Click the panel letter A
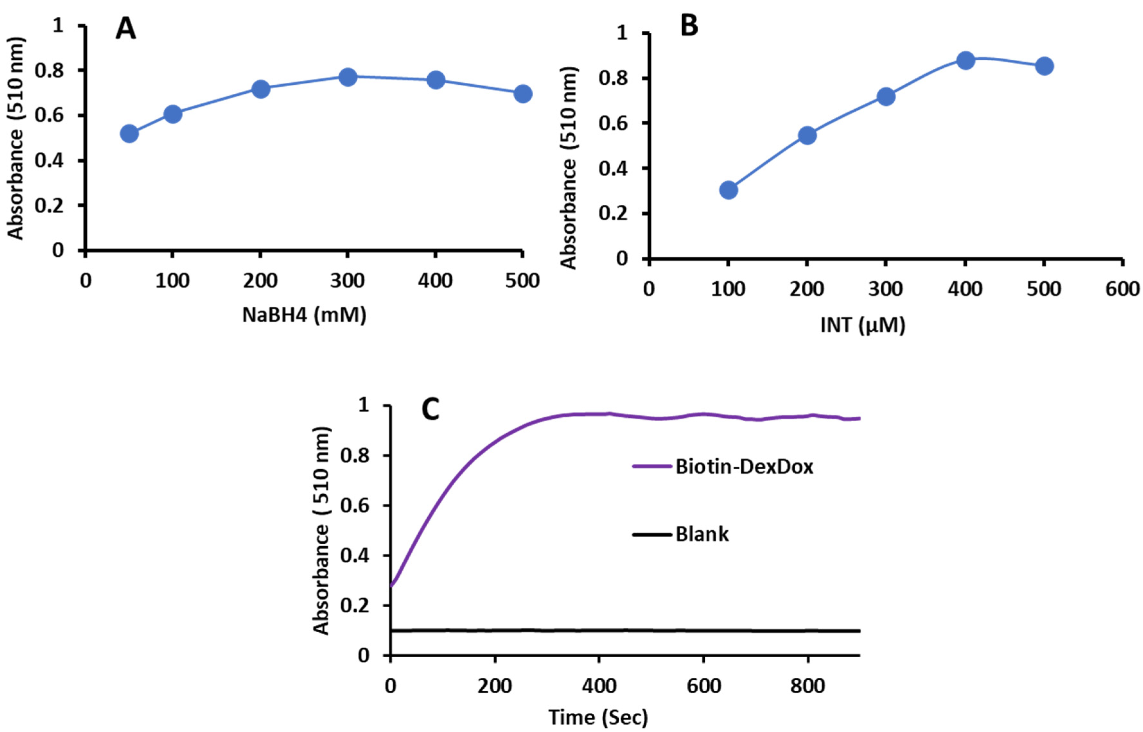[x=126, y=30]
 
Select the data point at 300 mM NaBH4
[x=348, y=77]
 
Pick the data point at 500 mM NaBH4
[x=523, y=94]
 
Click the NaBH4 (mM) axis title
[x=304, y=315]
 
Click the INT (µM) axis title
[x=863, y=325]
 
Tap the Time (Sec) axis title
[x=598, y=717]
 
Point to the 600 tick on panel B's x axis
[x=1122, y=289]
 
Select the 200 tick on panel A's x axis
[x=260, y=281]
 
